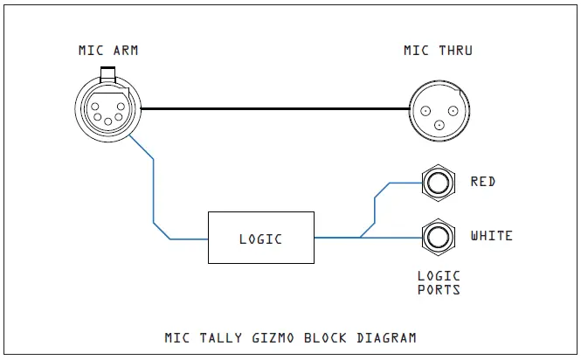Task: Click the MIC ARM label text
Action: pyautogui.click(x=107, y=50)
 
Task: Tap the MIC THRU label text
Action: pyautogui.click(x=438, y=50)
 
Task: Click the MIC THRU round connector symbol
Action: pyautogui.click(x=438, y=110)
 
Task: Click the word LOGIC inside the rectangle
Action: pyautogui.click(x=261, y=238)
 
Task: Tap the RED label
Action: pyautogui.click(x=483, y=182)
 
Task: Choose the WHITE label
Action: pyautogui.click(x=492, y=236)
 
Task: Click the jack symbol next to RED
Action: pyautogui.click(x=439, y=183)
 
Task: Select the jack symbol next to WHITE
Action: pyautogui.click(x=439, y=237)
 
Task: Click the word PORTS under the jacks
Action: pyautogui.click(x=439, y=289)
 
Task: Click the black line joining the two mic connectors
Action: pyautogui.click(x=275, y=109)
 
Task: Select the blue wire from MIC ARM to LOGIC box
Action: pyautogui.click(x=154, y=188)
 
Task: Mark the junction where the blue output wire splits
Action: pyautogui.click(x=360, y=237)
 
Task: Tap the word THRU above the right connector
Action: pyautogui.click(x=454, y=50)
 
